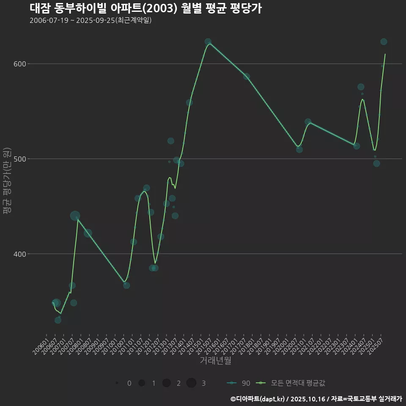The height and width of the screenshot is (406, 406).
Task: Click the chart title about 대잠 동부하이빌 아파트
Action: point(145,8)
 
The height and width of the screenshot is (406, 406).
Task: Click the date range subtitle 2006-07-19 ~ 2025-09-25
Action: point(91,20)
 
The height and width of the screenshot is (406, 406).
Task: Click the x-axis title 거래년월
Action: point(215,361)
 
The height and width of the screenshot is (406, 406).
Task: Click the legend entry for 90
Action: point(239,383)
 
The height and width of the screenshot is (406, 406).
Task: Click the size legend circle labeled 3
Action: point(191,383)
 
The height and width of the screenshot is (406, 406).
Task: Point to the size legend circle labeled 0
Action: point(117,383)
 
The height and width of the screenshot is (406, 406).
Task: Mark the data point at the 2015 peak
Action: point(208,42)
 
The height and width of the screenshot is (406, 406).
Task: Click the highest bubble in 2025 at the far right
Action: point(384,41)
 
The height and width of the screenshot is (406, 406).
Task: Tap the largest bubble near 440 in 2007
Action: point(75,216)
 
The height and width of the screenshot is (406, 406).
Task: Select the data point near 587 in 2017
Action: point(246,77)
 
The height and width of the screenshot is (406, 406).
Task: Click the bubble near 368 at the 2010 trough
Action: point(126,285)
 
